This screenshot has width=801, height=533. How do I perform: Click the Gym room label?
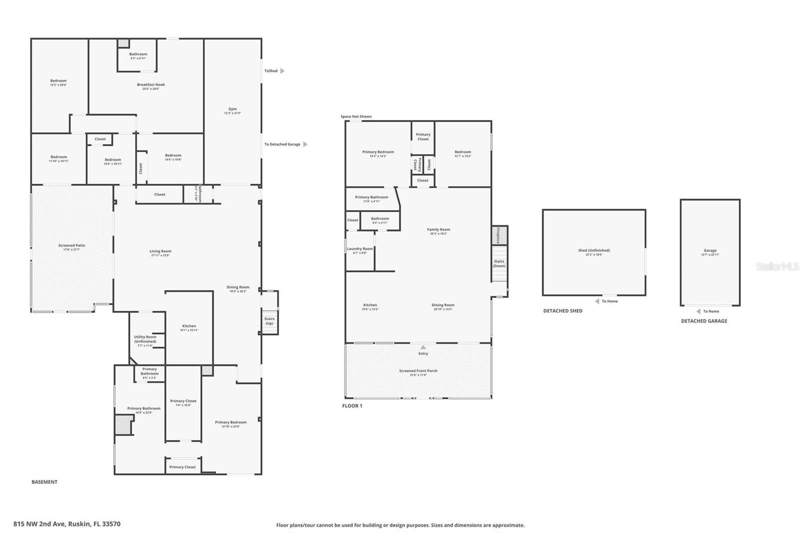tap(232, 109)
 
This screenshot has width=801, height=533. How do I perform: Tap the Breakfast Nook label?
tap(151, 84)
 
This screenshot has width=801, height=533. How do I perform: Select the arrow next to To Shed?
tap(282, 71)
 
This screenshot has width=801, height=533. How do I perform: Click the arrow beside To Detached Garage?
tap(305, 144)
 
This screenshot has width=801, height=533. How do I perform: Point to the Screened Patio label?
tap(72, 245)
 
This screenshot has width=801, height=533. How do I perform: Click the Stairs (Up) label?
tap(269, 320)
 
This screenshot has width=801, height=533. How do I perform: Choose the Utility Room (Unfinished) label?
tap(145, 339)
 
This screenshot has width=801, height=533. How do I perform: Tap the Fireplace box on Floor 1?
tap(499, 235)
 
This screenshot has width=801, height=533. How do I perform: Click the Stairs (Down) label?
tap(499, 263)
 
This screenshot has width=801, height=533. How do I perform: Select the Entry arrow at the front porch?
tap(423, 347)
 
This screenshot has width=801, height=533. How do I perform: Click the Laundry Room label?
tap(360, 248)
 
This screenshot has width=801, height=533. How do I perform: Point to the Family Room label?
tap(438, 229)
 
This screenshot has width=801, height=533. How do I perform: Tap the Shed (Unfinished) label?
tap(594, 250)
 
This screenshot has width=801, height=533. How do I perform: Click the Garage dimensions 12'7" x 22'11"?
tap(710, 254)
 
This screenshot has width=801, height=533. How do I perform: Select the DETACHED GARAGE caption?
tap(704, 321)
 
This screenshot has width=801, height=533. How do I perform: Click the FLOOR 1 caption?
tap(352, 406)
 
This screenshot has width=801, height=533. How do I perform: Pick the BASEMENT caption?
tap(45, 482)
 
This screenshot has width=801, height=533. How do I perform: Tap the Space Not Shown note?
tap(356, 116)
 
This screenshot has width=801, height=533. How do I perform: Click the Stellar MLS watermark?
tap(777, 267)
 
